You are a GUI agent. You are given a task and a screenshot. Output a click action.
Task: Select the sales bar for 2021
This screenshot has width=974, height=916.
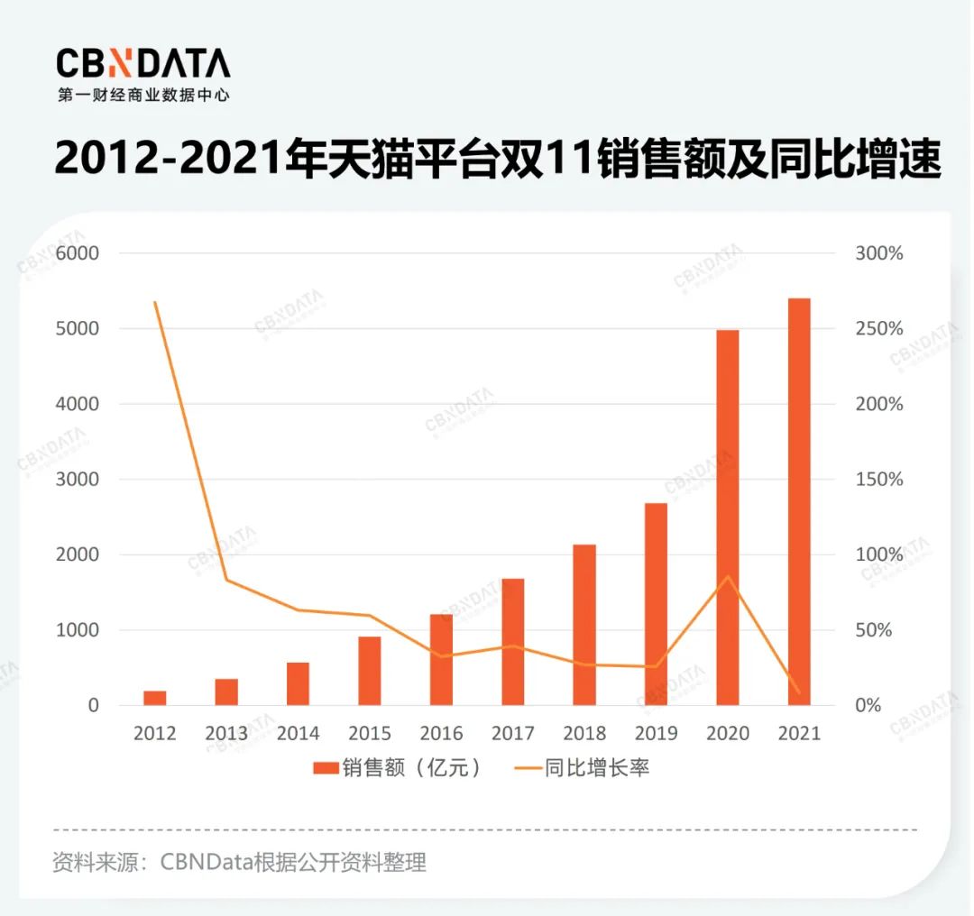[799, 501]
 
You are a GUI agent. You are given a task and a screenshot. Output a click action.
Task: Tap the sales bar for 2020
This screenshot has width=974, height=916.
[727, 518]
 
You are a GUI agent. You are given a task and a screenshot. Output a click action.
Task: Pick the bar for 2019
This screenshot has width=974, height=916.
[656, 604]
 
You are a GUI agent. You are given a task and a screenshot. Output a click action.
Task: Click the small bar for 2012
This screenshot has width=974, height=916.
[155, 698]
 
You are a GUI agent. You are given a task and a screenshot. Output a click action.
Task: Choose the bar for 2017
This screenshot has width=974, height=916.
[512, 642]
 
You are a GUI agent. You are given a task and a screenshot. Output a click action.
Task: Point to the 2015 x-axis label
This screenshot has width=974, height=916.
[370, 733]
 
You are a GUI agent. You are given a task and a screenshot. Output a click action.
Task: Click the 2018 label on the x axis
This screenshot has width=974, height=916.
[584, 733]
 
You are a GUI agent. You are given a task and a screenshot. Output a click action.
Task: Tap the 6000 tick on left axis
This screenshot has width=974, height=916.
[78, 253]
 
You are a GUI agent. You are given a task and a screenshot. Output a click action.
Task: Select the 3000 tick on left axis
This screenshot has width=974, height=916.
[78, 480]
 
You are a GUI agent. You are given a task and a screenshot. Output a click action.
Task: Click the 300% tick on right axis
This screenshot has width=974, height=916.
[878, 253]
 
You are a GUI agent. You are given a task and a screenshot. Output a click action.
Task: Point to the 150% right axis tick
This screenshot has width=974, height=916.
[878, 480]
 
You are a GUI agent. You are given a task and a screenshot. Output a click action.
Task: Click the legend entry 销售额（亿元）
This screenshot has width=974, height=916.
[397, 768]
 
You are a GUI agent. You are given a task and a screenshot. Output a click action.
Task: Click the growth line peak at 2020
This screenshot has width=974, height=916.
[728, 576]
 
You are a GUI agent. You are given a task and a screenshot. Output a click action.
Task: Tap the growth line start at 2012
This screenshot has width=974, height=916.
[155, 302]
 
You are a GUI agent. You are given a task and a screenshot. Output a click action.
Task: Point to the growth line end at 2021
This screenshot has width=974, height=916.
[799, 692]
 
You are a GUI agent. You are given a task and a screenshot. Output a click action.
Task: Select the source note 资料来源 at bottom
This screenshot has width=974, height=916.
[239, 863]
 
